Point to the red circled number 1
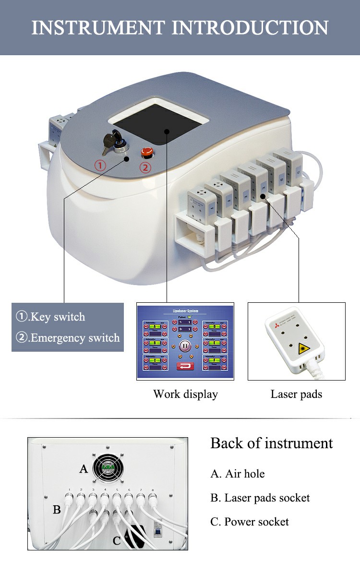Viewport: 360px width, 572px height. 99,166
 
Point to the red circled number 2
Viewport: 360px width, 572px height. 145,168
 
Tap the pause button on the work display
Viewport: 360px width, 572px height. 185,346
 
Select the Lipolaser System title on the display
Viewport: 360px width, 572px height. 185,311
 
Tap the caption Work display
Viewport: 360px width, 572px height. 185,394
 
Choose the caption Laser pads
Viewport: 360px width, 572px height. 296,394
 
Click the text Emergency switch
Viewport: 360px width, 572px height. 74,338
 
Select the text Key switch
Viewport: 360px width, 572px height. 57,317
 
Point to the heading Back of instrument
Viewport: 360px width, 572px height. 271,443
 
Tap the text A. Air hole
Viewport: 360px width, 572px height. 237,474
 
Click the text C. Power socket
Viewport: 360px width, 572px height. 249,522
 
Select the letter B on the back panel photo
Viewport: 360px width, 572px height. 57,510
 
